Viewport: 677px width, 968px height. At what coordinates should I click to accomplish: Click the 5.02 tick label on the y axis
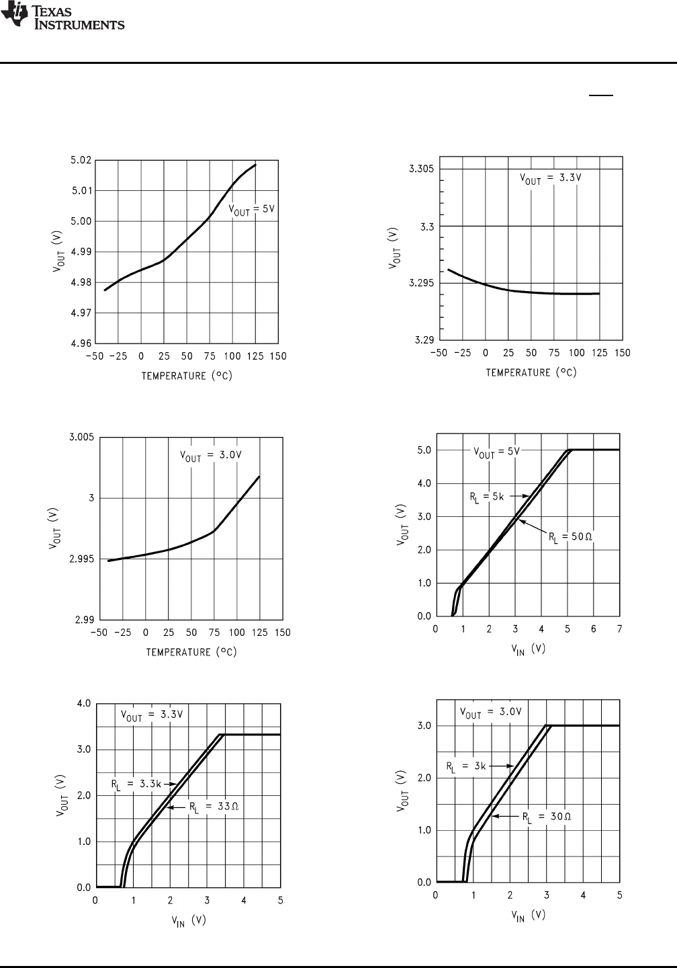81,160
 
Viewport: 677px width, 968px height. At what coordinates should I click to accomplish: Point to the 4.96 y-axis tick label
81,344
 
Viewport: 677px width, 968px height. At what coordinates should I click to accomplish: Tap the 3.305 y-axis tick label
421,169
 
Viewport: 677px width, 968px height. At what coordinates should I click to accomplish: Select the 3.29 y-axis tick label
423,340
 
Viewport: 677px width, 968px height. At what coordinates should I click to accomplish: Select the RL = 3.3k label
134,783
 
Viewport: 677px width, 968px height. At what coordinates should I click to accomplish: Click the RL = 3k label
465,765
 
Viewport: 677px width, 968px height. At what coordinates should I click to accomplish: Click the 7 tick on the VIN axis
619,629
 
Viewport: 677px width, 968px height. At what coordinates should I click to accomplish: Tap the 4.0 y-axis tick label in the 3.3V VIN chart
84,704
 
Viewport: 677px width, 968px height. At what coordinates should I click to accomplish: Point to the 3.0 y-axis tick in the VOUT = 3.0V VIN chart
423,726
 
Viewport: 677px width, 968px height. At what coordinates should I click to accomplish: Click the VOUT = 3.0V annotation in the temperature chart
210,455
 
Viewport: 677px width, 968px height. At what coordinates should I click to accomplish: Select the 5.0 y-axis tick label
423,450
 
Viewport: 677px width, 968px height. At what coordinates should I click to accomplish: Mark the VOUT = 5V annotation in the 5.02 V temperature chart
252,210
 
